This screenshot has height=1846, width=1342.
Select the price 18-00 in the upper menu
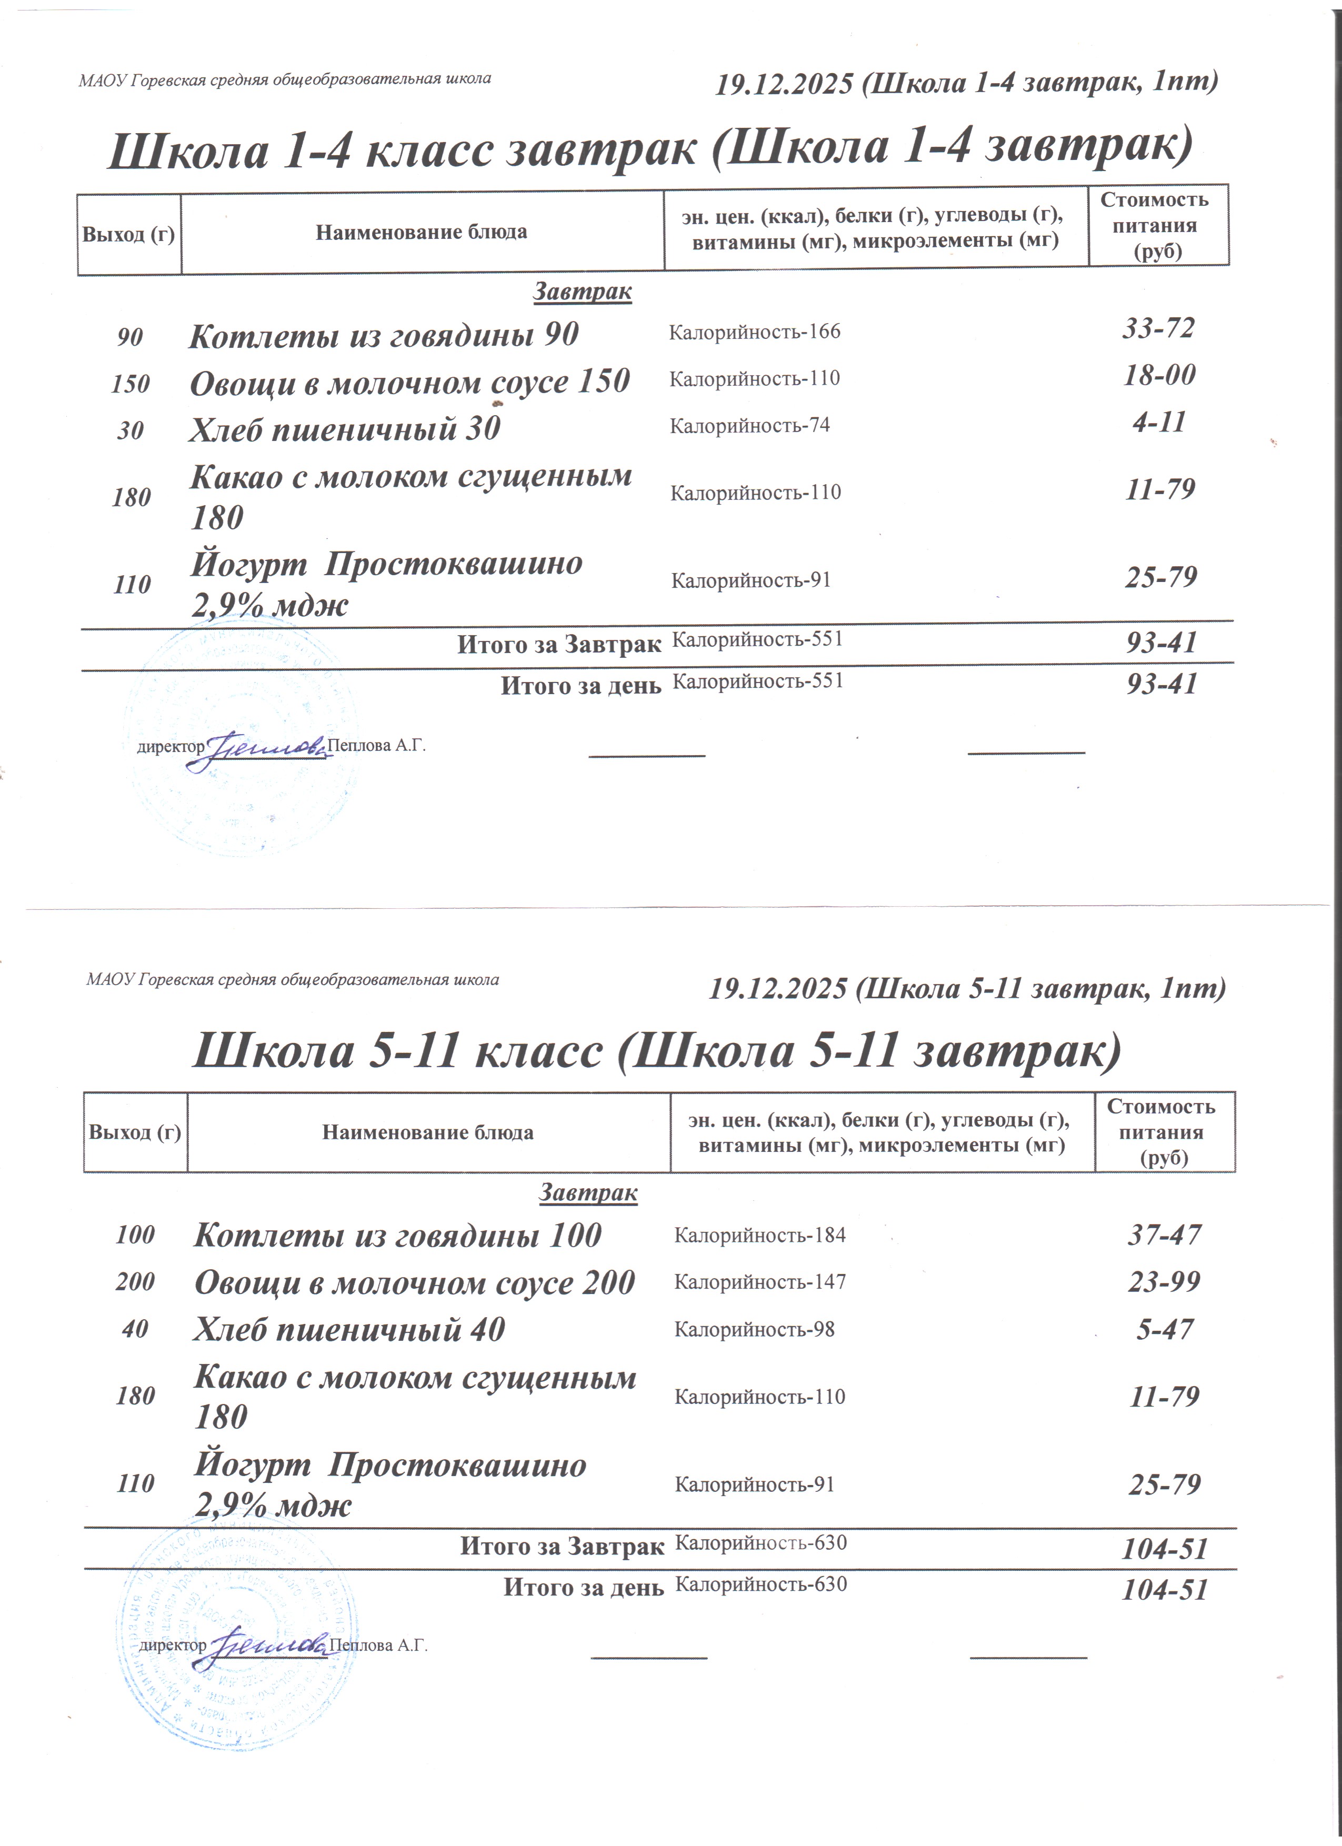1159,375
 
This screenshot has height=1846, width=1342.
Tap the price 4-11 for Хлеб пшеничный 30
1159,423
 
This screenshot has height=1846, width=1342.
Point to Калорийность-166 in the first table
755,332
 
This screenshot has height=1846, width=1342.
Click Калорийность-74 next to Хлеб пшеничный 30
749,426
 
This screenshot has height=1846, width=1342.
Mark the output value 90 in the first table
129,337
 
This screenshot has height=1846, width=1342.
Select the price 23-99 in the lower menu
1164,1282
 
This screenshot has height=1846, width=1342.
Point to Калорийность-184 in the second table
760,1236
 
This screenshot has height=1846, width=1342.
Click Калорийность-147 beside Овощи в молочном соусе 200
760,1282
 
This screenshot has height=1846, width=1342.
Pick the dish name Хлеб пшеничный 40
349,1330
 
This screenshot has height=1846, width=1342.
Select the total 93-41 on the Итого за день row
1161,684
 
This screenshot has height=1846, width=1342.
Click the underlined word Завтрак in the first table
583,292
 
